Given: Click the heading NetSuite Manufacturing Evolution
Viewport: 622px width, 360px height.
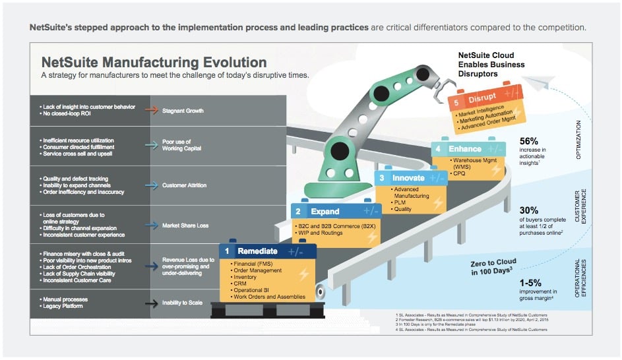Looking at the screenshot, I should click(154, 63).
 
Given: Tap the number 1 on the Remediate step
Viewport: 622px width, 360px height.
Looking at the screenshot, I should click(227, 251).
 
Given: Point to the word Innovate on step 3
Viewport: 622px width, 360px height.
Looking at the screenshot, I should click(408, 178).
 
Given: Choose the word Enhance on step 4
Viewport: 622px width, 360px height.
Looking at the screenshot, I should click(465, 149).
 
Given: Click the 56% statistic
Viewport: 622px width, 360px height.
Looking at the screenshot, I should click(529, 140).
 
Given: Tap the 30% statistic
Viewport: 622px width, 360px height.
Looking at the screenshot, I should click(529, 210).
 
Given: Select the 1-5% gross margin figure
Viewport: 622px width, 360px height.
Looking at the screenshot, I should click(534, 282).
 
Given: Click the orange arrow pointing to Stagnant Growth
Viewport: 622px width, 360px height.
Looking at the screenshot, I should click(151, 111).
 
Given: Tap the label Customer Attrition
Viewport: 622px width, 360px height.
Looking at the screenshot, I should click(184, 185).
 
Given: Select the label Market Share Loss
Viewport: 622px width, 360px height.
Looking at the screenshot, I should click(185, 225).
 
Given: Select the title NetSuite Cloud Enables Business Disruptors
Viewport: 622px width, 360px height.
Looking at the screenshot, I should click(491, 64).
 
